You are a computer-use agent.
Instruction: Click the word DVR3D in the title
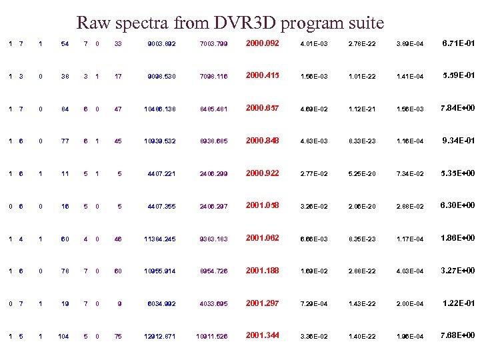(x=239, y=23)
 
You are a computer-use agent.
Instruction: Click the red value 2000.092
(x=263, y=43)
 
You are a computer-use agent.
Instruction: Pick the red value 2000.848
(x=263, y=141)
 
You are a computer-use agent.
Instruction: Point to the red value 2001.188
(x=263, y=271)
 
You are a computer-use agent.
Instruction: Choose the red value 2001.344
(x=263, y=335)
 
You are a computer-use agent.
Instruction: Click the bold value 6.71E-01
(x=459, y=43)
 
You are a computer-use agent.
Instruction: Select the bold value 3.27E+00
(x=459, y=271)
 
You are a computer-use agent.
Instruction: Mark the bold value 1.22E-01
(x=459, y=303)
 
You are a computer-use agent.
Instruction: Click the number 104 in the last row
(x=64, y=337)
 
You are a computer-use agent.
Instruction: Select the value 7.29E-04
(x=313, y=304)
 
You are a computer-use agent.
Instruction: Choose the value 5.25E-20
(x=362, y=174)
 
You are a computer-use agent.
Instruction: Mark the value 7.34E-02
(x=410, y=174)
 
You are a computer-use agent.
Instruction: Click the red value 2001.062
(x=263, y=238)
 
